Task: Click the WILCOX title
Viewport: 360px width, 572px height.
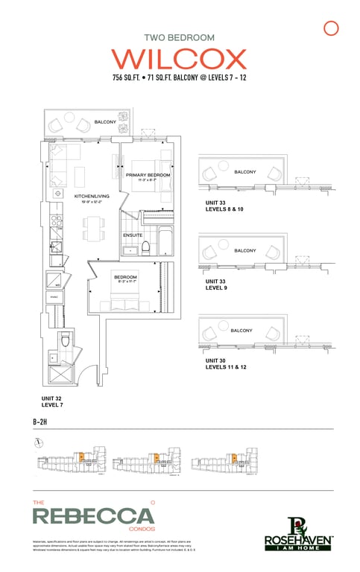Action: click(179, 59)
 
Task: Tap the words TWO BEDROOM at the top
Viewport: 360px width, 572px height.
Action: click(179, 36)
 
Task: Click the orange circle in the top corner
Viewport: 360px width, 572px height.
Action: click(332, 28)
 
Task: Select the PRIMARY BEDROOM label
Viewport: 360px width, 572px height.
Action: click(148, 176)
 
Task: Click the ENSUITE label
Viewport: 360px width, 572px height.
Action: click(133, 235)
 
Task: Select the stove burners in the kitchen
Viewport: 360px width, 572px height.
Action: click(56, 220)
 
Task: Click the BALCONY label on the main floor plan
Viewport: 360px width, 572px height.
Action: click(104, 121)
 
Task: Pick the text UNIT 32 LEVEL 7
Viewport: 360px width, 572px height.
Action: click(53, 402)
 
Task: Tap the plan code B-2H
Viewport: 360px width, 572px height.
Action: click(42, 422)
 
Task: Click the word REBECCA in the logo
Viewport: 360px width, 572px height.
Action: click(93, 515)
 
